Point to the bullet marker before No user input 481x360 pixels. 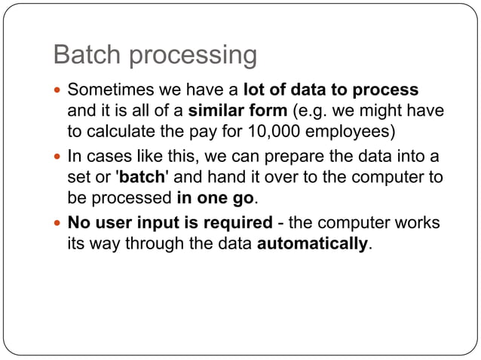pos(58,224)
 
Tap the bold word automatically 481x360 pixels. pos(314,245)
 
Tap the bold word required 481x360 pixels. pos(237,223)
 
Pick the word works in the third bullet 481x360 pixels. pos(420,223)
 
